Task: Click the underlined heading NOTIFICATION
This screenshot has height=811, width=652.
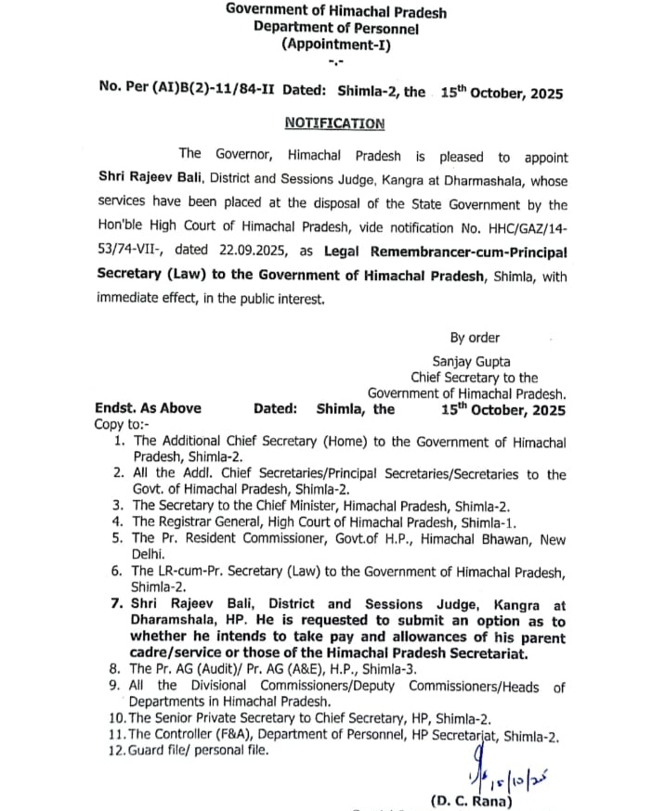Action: click(x=333, y=123)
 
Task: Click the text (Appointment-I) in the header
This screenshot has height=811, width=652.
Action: click(x=335, y=44)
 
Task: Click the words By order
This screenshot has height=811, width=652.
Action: click(x=475, y=338)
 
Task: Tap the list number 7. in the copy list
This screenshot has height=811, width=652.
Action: click(x=118, y=604)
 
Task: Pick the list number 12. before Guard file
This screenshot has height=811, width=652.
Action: click(x=118, y=751)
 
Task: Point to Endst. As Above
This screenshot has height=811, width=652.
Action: click(x=148, y=408)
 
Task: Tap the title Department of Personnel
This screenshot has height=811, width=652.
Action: click(x=335, y=28)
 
